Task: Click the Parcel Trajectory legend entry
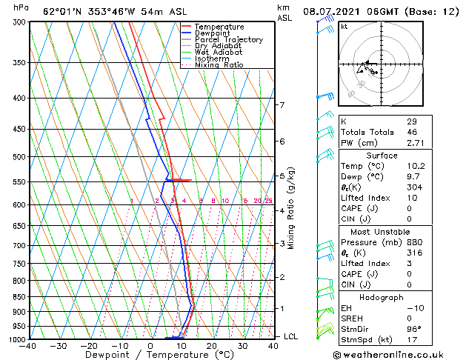229,39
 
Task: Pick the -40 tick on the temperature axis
28,345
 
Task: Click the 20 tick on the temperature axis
212,345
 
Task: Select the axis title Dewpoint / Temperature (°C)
150,354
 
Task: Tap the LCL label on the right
290,336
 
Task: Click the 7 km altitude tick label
282,105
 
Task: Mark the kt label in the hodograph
344,27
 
